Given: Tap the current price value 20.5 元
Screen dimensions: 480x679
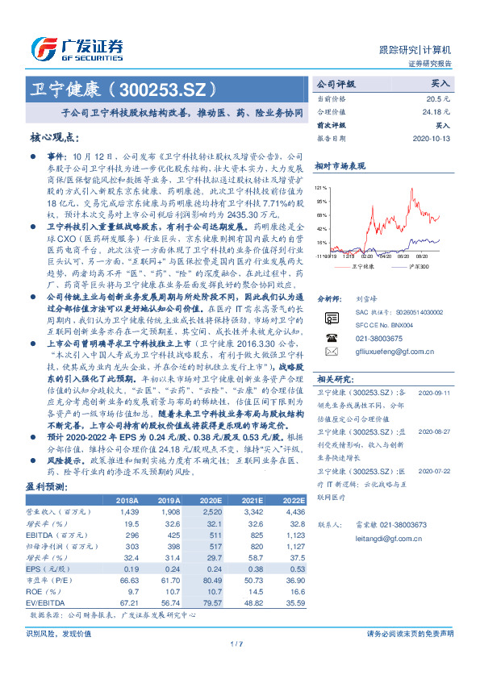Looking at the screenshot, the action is click(439, 98).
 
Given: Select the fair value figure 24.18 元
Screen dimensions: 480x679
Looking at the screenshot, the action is click(435, 111).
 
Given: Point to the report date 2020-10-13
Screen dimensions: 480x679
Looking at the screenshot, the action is click(432, 138).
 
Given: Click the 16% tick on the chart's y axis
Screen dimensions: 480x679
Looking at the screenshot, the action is click(321, 242).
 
